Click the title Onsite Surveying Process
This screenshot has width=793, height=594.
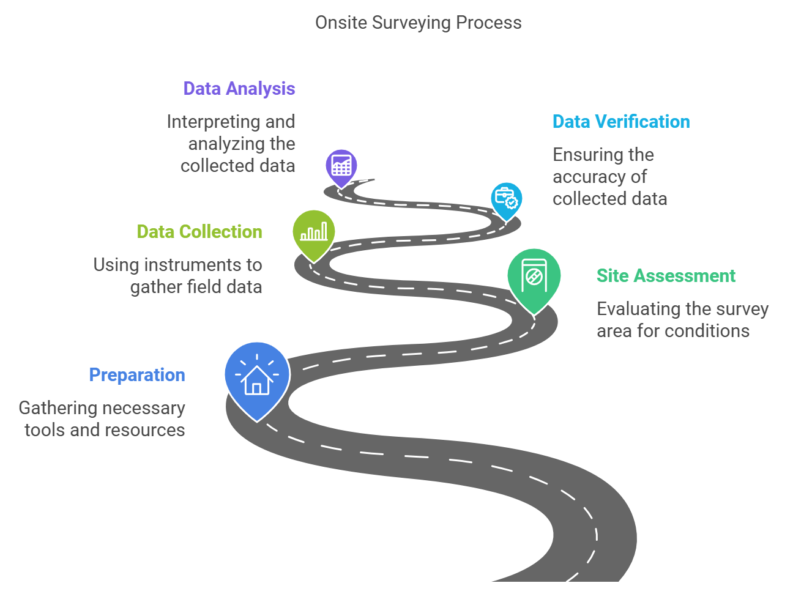click(418, 23)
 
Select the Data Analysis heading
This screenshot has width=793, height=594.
click(239, 89)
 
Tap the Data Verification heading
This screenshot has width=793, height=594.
click(621, 122)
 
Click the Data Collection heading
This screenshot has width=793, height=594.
click(199, 232)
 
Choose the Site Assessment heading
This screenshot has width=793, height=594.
click(666, 276)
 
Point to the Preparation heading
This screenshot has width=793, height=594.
click(137, 375)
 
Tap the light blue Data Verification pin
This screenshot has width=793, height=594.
click(506, 200)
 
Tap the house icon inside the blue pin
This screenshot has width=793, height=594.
click(257, 381)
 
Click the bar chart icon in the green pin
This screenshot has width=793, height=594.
click(314, 232)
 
